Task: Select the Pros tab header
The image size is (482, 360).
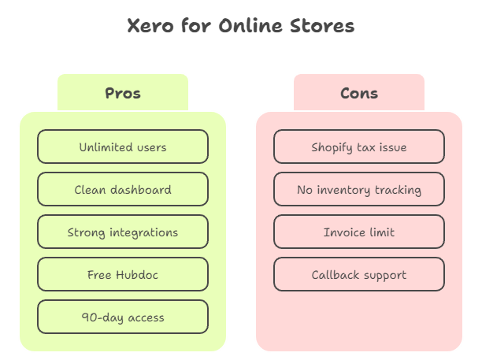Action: pyautogui.click(x=123, y=93)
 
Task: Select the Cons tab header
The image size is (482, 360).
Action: pyautogui.click(x=359, y=93)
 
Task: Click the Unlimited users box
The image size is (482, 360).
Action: pyautogui.click(x=123, y=147)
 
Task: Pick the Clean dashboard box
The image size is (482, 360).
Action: pyautogui.click(x=123, y=190)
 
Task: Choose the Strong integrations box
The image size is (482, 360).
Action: pyautogui.click(x=123, y=232)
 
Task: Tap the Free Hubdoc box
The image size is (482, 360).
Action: pyautogui.click(x=123, y=275)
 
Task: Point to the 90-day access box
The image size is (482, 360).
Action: pyautogui.click(x=123, y=317)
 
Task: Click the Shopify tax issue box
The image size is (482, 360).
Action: pyautogui.click(x=359, y=147)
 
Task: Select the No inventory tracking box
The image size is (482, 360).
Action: pyautogui.click(x=359, y=190)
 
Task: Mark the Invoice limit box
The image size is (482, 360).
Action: pyautogui.click(x=359, y=232)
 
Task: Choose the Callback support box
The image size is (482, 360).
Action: pyautogui.click(x=359, y=275)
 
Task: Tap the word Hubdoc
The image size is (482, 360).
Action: pyautogui.click(x=138, y=275)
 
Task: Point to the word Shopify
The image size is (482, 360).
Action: pyautogui.click(x=333, y=147)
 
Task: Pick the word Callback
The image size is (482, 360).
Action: pyautogui.click(x=336, y=275)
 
